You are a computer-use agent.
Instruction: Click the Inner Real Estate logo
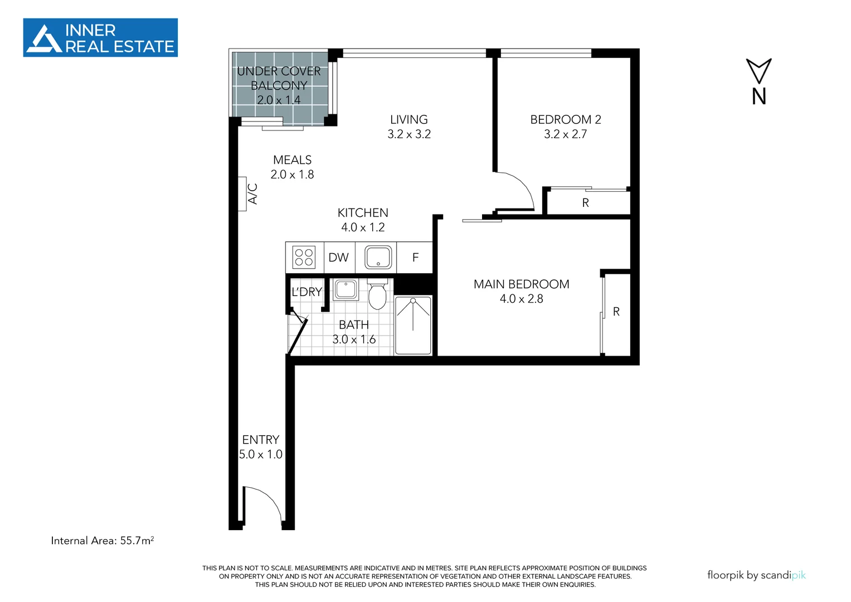coord(100,38)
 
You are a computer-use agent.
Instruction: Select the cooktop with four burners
coord(304,258)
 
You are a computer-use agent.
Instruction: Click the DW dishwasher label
coord(338,258)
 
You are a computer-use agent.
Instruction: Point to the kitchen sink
coord(378,258)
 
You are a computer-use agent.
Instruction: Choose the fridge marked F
coord(415,258)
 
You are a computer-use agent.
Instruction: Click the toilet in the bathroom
coord(377,295)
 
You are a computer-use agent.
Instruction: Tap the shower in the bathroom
coord(413,326)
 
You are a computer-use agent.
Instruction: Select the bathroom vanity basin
coord(346,290)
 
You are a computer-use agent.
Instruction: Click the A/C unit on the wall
coord(242,194)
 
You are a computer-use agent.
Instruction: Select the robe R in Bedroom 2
coord(585,203)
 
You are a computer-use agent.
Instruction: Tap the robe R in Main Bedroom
coord(616,312)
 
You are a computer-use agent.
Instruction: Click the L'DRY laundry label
coord(307,292)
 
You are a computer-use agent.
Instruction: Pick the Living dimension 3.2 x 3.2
coord(409,134)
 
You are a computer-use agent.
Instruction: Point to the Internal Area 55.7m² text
coord(102,541)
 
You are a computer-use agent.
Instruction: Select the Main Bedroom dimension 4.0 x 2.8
coord(521,299)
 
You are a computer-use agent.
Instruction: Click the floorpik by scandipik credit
coord(756,575)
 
